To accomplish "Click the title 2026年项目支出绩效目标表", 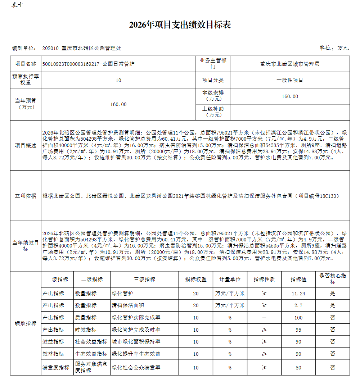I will (x=180, y=25).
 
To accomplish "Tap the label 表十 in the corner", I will (x=17, y=5).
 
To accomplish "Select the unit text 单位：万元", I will (x=334, y=48).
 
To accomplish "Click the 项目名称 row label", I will (x=26, y=64).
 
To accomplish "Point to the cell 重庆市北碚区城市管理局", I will (x=290, y=64).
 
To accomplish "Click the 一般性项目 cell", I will (x=290, y=80).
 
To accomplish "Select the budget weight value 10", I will (x=118, y=80).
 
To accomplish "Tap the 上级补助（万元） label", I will (x=213, y=112).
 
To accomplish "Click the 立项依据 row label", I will (x=26, y=196).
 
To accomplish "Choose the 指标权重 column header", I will (x=196, y=279).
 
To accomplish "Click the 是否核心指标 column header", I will (x=333, y=279).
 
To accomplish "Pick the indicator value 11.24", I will (x=298, y=294).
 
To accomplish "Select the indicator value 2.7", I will (x=298, y=305).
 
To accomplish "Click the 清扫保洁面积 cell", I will (x=128, y=305).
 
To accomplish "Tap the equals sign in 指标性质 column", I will (x=264, y=318).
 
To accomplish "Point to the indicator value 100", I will (x=298, y=318).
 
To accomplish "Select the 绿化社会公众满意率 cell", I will (x=136, y=368).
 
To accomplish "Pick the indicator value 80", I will (x=298, y=368).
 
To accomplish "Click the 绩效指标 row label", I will (x=26, y=323).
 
